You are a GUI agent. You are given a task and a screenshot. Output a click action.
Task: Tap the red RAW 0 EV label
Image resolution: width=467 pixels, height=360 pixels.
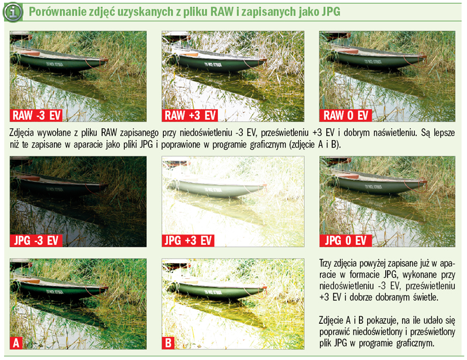pyautogui.click(x=347, y=114)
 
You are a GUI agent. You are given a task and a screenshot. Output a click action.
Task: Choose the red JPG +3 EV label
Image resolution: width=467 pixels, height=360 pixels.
pyautogui.click(x=189, y=240)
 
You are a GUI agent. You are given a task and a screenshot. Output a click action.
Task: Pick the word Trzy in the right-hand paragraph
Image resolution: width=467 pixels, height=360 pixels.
pyautogui.click(x=329, y=264)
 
